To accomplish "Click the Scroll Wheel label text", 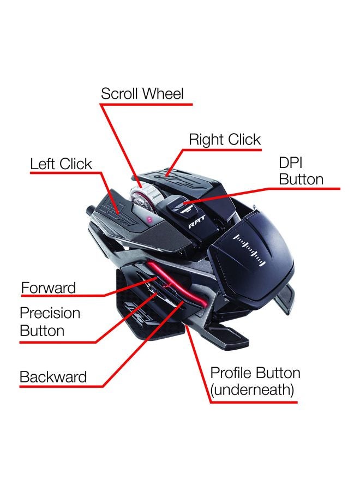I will coord(142,94).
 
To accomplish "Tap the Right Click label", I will coord(225,140).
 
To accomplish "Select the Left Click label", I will coord(61,164).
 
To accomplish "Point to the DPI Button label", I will coord(301,171).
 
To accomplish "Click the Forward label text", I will coord(48,288).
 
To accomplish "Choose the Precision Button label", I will coord(50,322).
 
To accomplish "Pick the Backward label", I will coord(53,377).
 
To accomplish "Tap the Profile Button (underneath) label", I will coord(255,381).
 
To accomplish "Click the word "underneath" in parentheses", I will coord(253,390).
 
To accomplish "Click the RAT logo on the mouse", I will coord(196,223).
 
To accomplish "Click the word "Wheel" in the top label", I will coord(163,94).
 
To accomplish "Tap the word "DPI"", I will coord(291,163).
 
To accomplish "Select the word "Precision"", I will coord(50,313).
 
